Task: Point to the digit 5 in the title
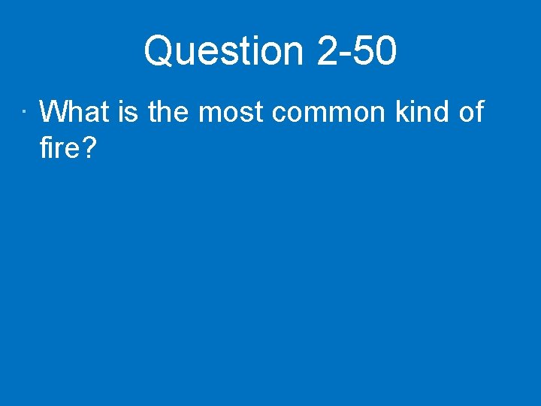367,52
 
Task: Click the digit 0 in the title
385,52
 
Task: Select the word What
74,112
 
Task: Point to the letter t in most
258,113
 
